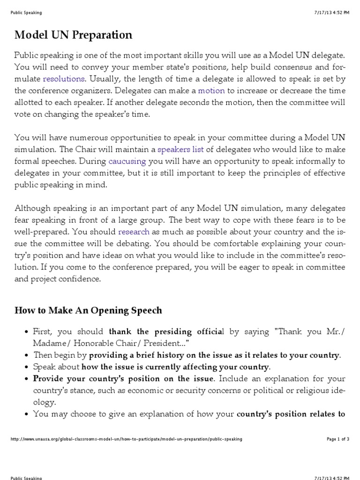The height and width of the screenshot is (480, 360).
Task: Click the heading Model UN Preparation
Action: [73, 35]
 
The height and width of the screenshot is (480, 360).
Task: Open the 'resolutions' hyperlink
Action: [64, 79]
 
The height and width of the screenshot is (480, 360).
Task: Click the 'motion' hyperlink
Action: [211, 90]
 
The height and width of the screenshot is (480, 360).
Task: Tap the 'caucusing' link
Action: [127, 162]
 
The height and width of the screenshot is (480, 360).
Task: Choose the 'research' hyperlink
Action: [134, 232]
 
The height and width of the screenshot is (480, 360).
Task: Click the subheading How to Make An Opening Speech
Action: [88, 310]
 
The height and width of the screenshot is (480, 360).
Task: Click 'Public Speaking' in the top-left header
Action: [26, 13]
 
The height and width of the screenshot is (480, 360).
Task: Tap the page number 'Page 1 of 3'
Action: [338, 439]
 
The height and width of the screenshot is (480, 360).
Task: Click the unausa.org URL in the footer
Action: [126, 439]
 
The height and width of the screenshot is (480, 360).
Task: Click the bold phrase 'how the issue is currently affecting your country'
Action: [175, 367]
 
